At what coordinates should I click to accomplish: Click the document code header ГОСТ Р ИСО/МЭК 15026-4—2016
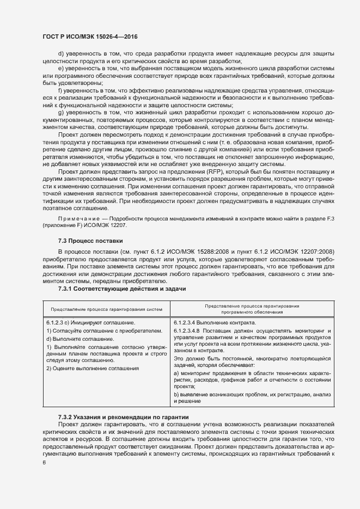click(90, 37)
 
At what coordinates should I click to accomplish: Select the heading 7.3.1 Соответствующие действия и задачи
click(122, 289)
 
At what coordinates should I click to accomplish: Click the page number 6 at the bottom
click(44, 463)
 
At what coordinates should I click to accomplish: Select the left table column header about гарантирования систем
click(107, 309)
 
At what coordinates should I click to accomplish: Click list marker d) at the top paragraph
click(60, 53)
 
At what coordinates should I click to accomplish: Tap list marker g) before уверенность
click(60, 112)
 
